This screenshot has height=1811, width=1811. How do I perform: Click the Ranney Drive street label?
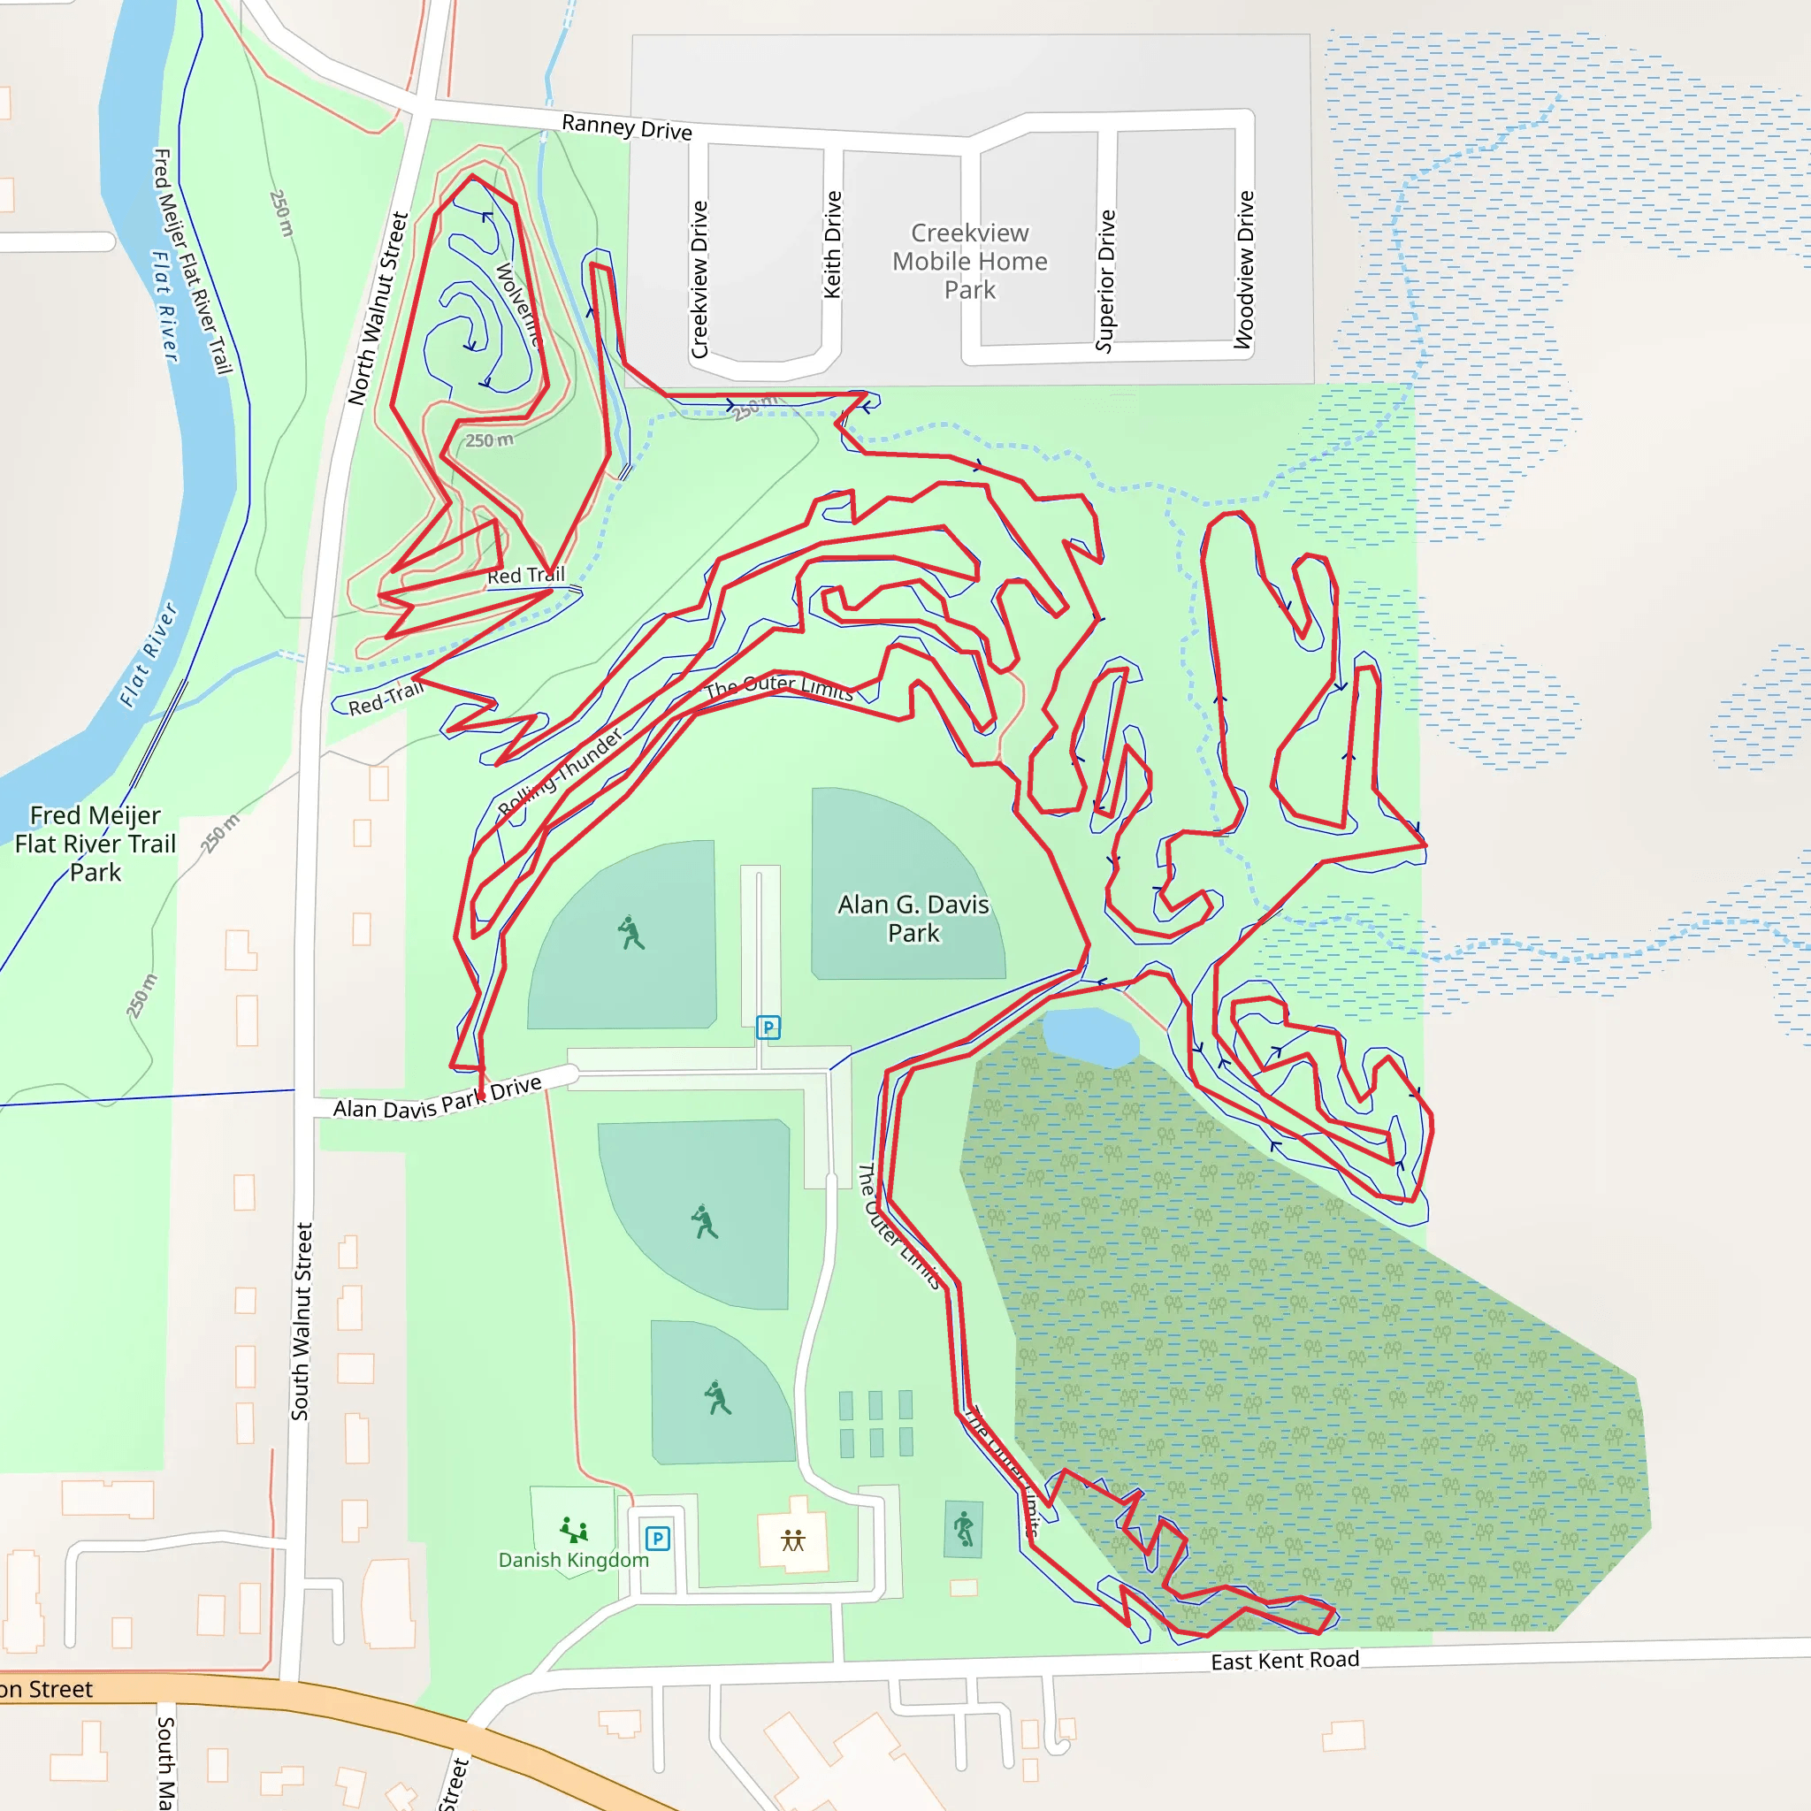tap(626, 126)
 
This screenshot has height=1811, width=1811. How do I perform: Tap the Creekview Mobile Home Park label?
tap(969, 261)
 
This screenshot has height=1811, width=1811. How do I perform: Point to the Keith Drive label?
tap(832, 245)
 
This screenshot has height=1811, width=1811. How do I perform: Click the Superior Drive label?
tap(1106, 280)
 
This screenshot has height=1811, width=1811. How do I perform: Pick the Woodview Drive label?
tap(1245, 270)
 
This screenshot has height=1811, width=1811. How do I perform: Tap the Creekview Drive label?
tap(699, 279)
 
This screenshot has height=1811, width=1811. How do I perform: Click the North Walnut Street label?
tap(378, 309)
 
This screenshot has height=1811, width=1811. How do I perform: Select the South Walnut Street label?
tap(300, 1321)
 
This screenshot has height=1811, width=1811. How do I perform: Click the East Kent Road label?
tap(1284, 1660)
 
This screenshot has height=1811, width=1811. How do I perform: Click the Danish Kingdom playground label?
tap(573, 1560)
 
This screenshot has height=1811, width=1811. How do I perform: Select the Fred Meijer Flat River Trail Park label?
tap(96, 844)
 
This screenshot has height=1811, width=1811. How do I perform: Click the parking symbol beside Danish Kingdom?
tap(658, 1539)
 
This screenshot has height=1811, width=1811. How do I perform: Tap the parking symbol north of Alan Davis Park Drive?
tap(768, 1028)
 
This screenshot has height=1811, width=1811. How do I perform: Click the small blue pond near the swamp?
tap(1089, 1035)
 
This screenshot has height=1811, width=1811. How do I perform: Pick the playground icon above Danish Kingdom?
tap(574, 1530)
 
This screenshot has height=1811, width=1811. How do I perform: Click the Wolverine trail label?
tap(517, 305)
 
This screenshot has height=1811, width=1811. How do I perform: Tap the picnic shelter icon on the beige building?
tap(793, 1540)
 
